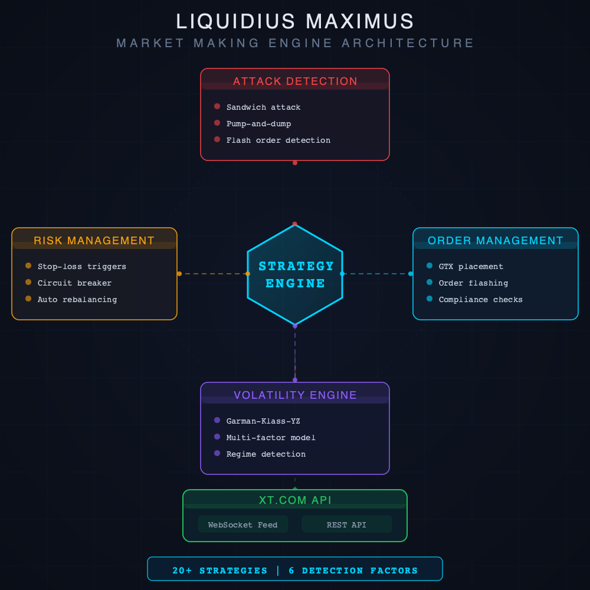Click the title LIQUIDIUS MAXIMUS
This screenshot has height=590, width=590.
pos(295,22)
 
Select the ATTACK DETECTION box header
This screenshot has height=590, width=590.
pos(295,81)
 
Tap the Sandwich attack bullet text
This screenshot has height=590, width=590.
pos(263,107)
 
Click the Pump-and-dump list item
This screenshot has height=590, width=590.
pos(258,124)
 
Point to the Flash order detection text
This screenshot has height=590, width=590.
pos(278,140)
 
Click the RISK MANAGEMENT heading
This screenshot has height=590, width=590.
pos(94,241)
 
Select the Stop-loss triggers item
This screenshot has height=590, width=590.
pos(81,267)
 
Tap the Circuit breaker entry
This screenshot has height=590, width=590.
pos(74,283)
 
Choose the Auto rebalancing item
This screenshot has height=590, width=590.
pos(77,300)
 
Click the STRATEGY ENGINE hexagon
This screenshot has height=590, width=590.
pos(295,274)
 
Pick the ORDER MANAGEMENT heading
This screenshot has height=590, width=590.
pos(496,241)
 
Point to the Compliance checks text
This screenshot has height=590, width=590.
pos(480,300)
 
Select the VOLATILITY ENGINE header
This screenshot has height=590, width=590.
pos(295,395)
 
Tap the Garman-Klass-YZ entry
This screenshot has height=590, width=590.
pos(263,421)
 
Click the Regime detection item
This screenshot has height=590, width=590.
pos(265,454)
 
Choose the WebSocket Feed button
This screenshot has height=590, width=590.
pos(242,525)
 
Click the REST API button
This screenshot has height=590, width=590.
pos(346,525)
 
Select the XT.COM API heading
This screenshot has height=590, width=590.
pos(295,500)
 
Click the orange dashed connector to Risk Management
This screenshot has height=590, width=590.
pos(212,274)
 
